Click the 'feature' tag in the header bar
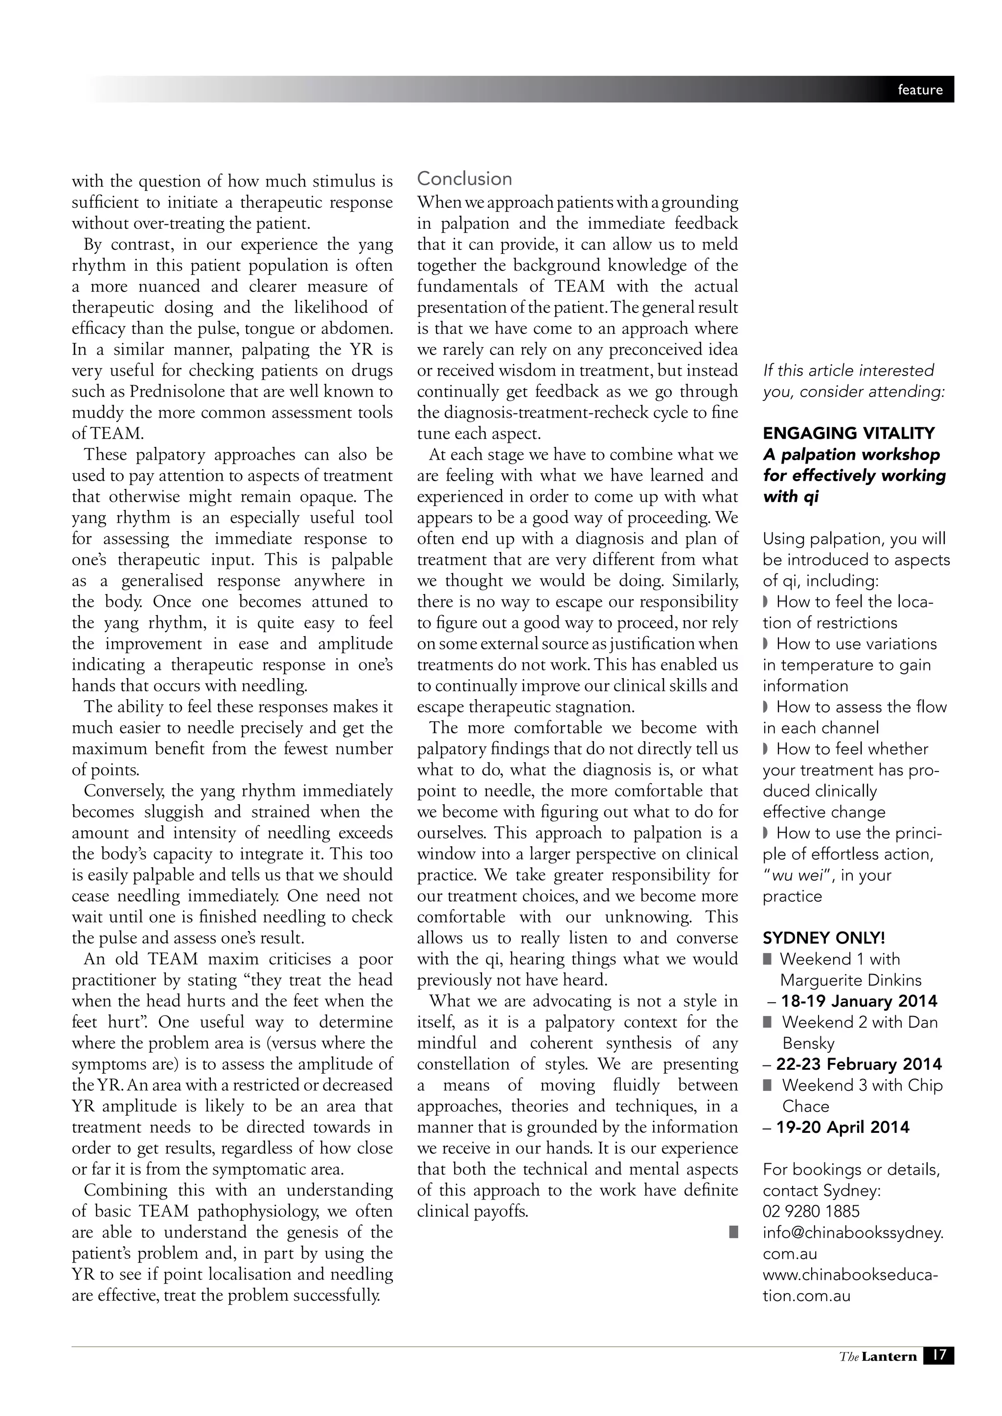tap(920, 90)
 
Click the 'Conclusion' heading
tap(464, 179)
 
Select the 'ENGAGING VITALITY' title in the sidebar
tap(848, 434)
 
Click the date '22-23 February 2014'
tap(859, 1064)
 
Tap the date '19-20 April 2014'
tap(843, 1128)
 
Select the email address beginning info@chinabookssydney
tap(853, 1232)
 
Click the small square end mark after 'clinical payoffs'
tap(733, 1232)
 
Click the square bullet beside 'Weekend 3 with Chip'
tap(767, 1085)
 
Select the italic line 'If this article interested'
tap(848, 371)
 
